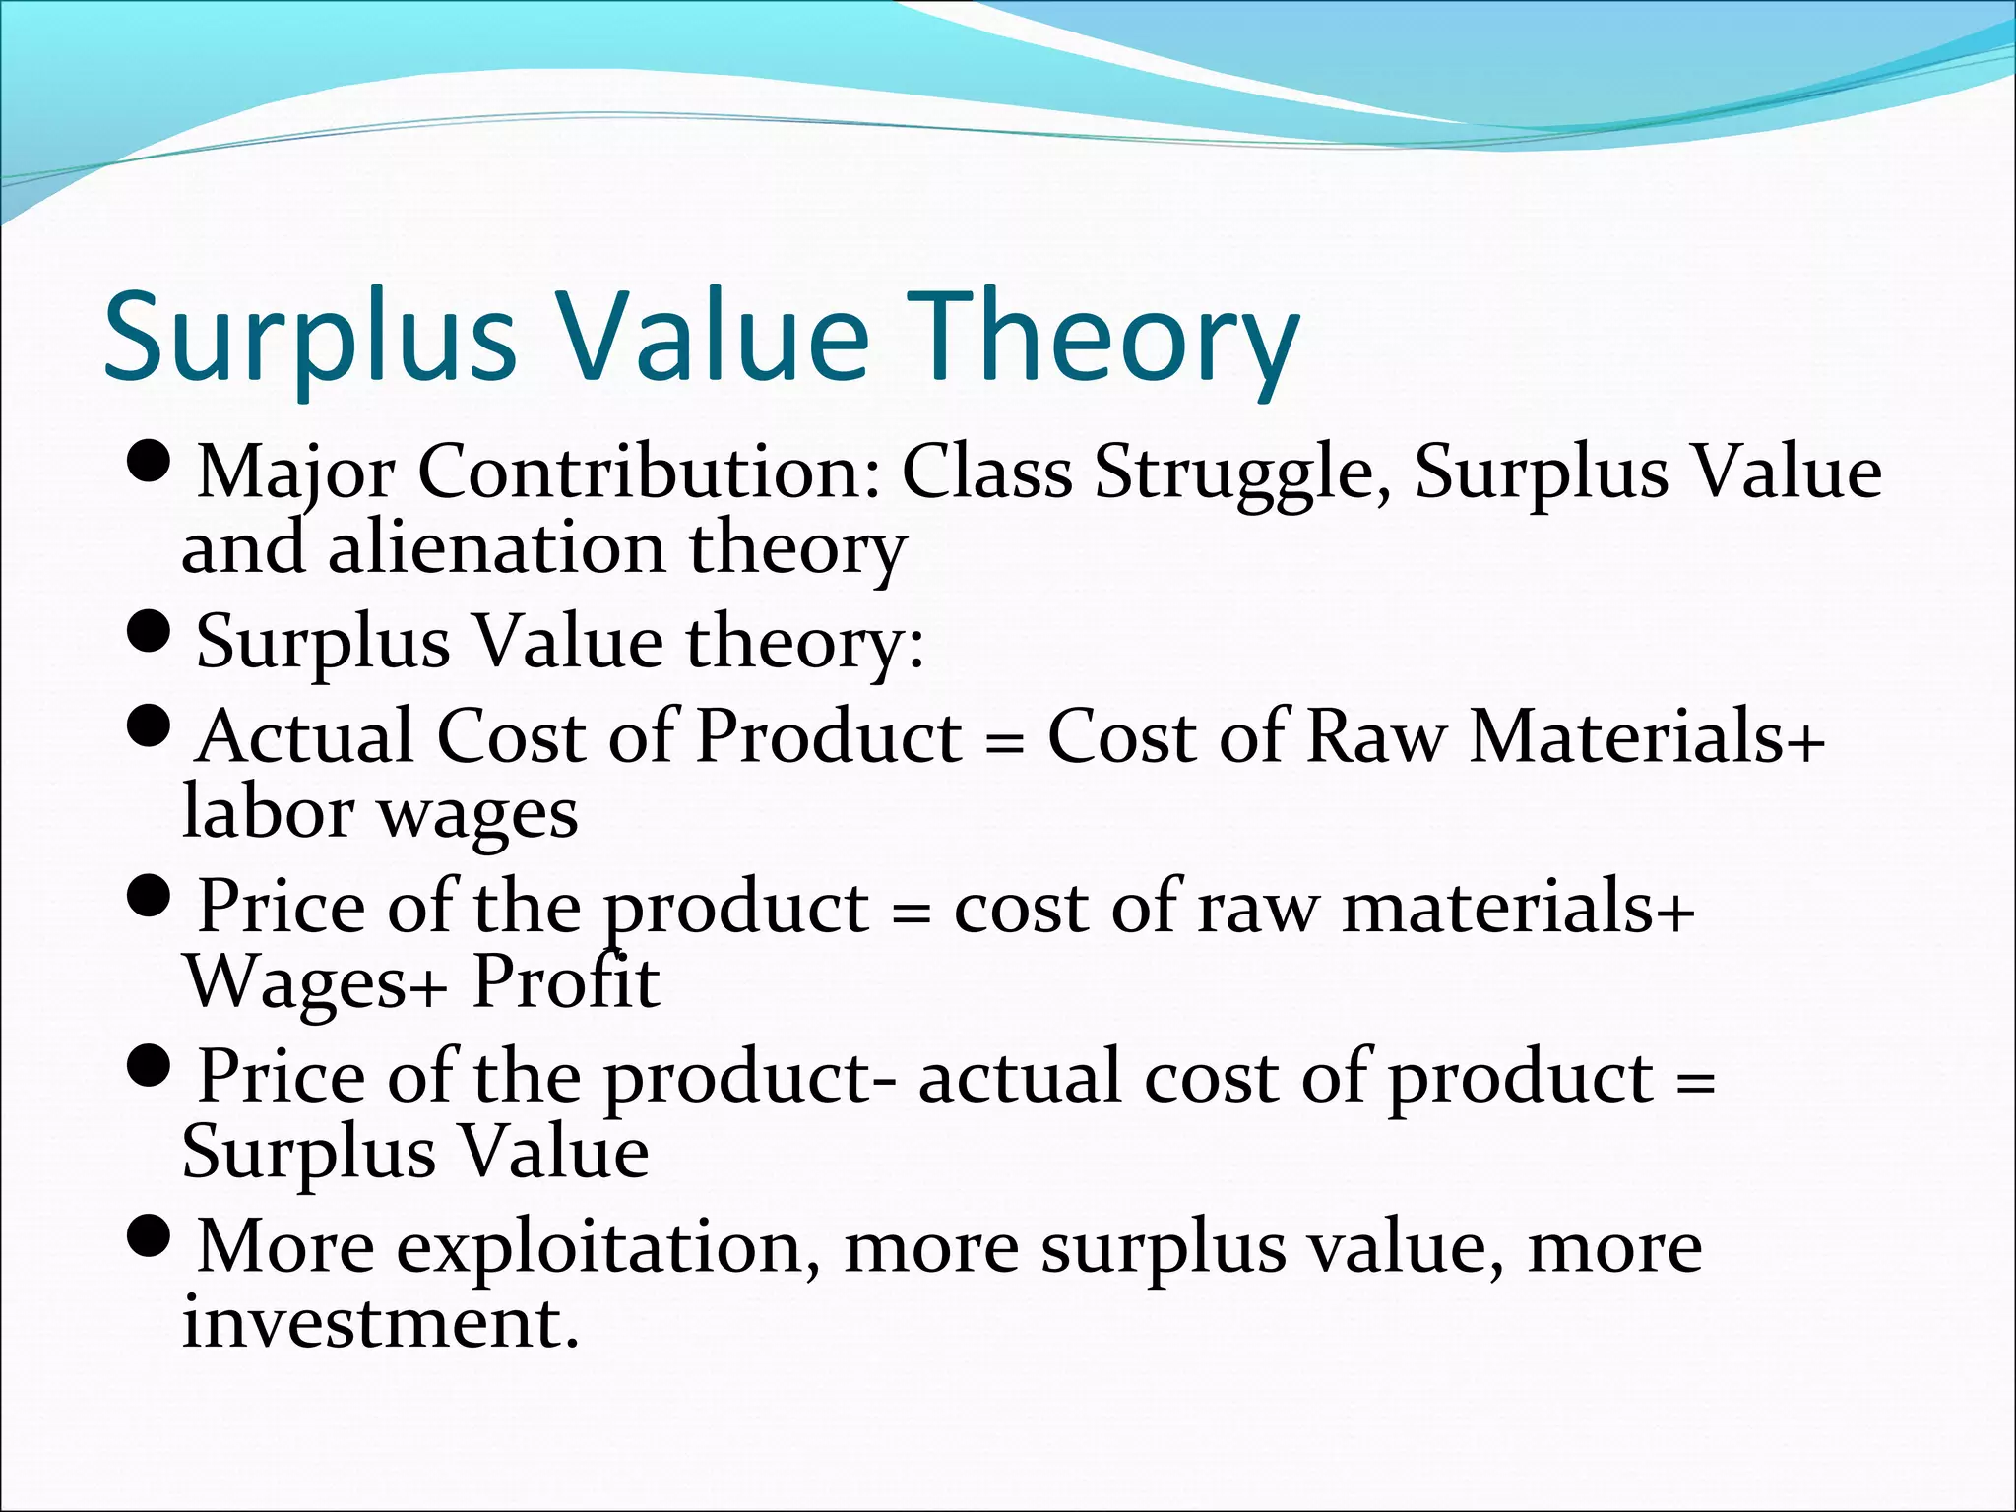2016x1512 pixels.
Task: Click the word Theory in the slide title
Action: (x=1108, y=337)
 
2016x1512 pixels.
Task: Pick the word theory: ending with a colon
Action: (x=805, y=642)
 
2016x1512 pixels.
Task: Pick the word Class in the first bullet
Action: (x=986, y=472)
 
